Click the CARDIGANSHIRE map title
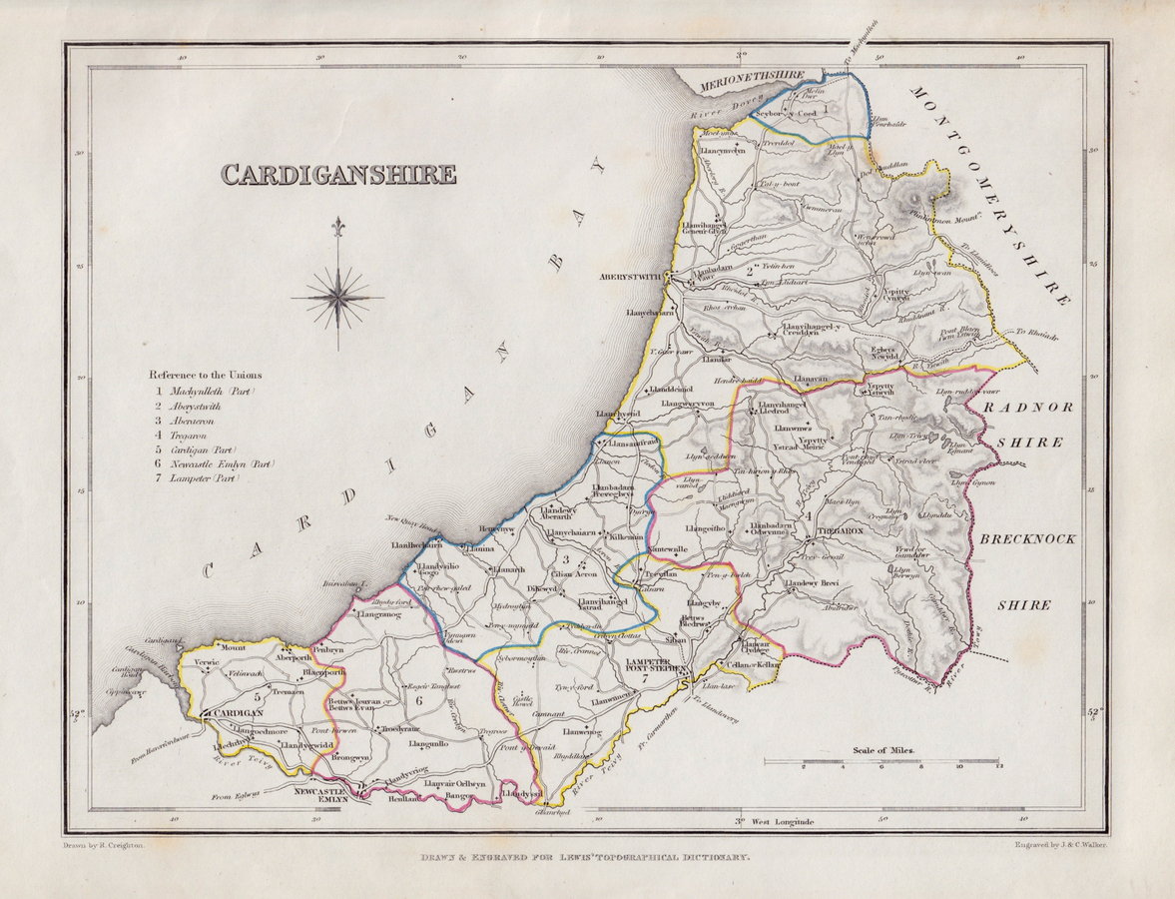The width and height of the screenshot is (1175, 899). point(338,175)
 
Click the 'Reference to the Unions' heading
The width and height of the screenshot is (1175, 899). point(206,375)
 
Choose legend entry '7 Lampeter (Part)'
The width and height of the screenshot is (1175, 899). point(198,478)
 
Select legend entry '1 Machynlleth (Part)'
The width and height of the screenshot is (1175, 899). point(205,392)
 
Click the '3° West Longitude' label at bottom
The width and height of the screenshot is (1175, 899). point(775,821)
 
